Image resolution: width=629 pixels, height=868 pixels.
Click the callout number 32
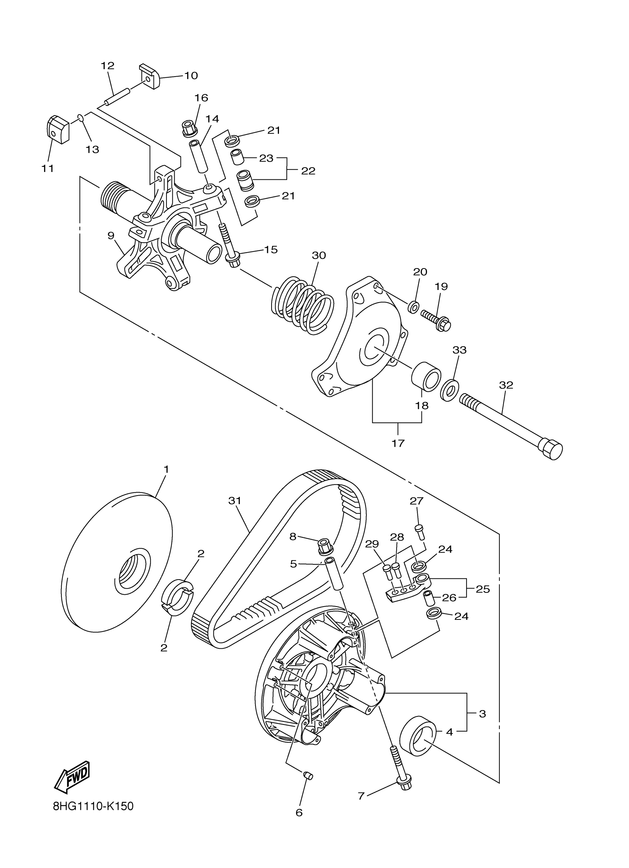[506, 385]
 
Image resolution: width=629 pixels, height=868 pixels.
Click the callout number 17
[398, 443]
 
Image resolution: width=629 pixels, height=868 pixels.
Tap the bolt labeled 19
[437, 320]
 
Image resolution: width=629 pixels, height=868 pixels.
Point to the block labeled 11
[57, 130]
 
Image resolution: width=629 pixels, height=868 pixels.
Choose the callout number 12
[108, 66]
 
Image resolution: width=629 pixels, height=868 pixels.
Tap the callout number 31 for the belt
[235, 501]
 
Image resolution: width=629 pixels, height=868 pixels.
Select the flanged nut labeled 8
[324, 547]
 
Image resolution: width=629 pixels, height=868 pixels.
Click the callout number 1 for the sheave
[166, 469]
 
